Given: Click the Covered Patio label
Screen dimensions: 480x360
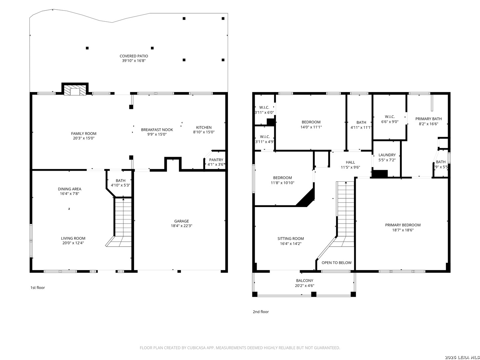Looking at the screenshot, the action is [x=134, y=56].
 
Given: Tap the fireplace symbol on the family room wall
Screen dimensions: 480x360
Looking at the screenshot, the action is [x=75, y=89].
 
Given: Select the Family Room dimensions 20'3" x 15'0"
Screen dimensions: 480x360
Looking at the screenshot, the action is [x=84, y=138].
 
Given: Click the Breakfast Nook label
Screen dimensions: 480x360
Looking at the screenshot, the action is [x=157, y=130].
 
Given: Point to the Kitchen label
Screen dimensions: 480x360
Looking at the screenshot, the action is [x=204, y=127].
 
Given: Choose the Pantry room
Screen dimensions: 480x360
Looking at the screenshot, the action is [x=215, y=160].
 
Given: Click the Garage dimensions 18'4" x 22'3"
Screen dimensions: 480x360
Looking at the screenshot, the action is [x=182, y=226].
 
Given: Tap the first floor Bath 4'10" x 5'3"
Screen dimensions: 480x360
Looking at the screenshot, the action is [x=120, y=183].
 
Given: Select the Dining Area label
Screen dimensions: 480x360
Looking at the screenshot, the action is [x=70, y=189].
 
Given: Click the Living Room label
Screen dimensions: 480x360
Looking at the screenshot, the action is [x=73, y=238].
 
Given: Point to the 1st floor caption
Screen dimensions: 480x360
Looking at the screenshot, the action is [x=38, y=288].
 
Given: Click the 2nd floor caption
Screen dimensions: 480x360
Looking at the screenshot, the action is [x=261, y=312].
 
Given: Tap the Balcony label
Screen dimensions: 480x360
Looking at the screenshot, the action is [x=305, y=280].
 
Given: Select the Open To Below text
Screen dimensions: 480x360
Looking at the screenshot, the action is [x=337, y=263].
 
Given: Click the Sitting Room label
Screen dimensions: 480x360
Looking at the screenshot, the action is [x=291, y=238].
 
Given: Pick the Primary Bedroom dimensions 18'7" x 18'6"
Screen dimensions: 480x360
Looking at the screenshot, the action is [x=403, y=230].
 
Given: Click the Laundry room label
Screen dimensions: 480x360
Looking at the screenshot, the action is [x=387, y=155].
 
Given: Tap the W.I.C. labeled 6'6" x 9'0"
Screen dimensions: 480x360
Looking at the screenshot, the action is [x=390, y=119].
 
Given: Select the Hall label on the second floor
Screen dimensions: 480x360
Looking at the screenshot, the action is [x=350, y=162].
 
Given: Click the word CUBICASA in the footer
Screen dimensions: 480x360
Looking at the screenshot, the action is [x=196, y=348].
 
